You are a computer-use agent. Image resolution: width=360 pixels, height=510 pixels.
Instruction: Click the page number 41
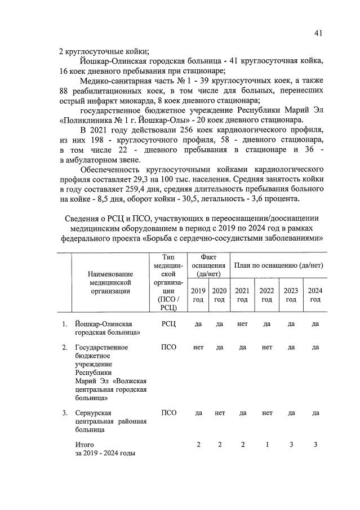(318, 33)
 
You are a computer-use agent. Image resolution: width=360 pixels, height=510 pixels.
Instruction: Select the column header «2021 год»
(242, 295)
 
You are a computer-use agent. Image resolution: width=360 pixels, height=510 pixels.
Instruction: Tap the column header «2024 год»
(315, 295)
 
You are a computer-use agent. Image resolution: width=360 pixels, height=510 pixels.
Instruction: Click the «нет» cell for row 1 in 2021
(242, 324)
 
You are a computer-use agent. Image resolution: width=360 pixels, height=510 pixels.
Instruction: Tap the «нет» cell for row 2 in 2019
(198, 347)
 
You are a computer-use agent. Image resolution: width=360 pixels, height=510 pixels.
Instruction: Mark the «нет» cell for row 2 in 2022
(267, 347)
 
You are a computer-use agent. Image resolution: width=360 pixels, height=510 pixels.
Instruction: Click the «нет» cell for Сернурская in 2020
(219, 413)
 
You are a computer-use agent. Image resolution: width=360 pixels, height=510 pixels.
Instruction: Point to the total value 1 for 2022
(267, 445)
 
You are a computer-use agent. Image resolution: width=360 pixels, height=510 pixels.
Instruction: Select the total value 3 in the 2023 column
(291, 445)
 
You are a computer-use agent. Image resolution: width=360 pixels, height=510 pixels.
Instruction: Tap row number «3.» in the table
(65, 413)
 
